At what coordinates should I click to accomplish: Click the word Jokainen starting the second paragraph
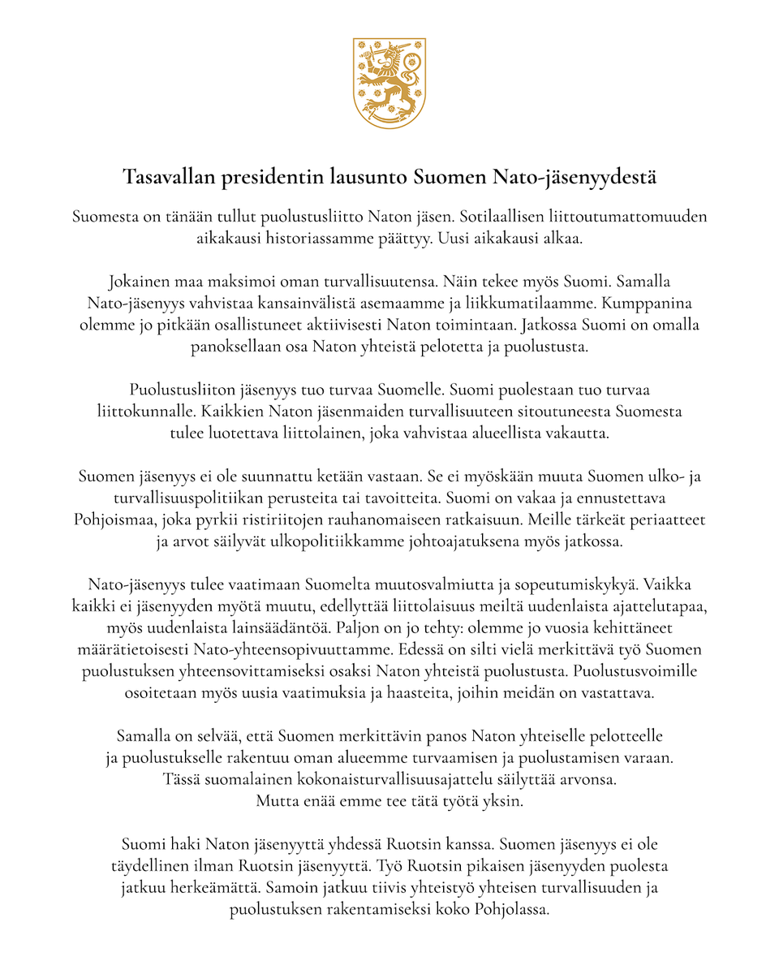140,283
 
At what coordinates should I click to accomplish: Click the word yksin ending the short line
502,800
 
